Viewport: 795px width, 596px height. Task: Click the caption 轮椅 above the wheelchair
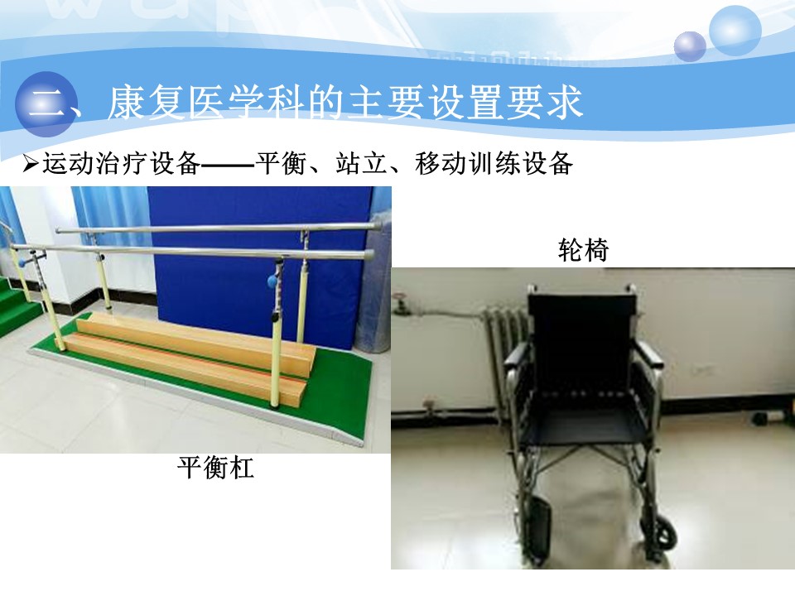click(x=583, y=250)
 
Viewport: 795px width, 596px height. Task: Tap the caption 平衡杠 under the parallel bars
click(x=215, y=467)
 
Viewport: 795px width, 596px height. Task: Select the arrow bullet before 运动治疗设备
click(x=31, y=164)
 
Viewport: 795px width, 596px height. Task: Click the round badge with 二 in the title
click(x=46, y=104)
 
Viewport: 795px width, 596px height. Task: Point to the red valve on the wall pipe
click(x=401, y=296)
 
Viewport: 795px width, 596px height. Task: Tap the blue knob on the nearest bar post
click(x=272, y=281)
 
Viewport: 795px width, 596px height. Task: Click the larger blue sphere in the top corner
click(x=735, y=31)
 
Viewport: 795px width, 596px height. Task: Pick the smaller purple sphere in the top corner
click(x=690, y=46)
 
